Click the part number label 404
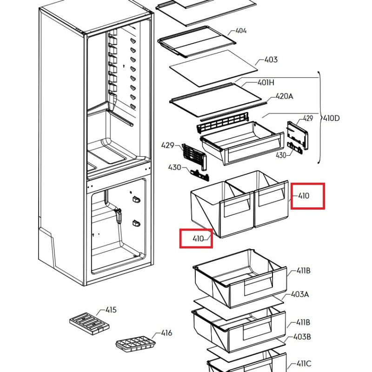(x=241, y=31)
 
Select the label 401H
(x=266, y=83)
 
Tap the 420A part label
(x=285, y=97)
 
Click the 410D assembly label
(x=331, y=118)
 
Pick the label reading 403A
(x=300, y=294)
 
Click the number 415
(x=111, y=310)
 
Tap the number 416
(x=166, y=333)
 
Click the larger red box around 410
(x=307, y=196)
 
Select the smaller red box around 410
(x=196, y=239)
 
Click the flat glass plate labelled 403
(x=212, y=72)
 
